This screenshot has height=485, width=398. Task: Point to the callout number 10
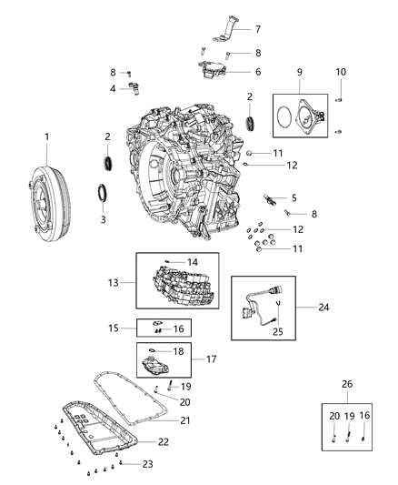coord(343,71)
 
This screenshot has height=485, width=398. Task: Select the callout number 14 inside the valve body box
coord(192,261)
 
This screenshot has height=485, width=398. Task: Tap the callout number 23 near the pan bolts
coord(149,464)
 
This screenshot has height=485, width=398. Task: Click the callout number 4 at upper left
coord(113,88)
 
